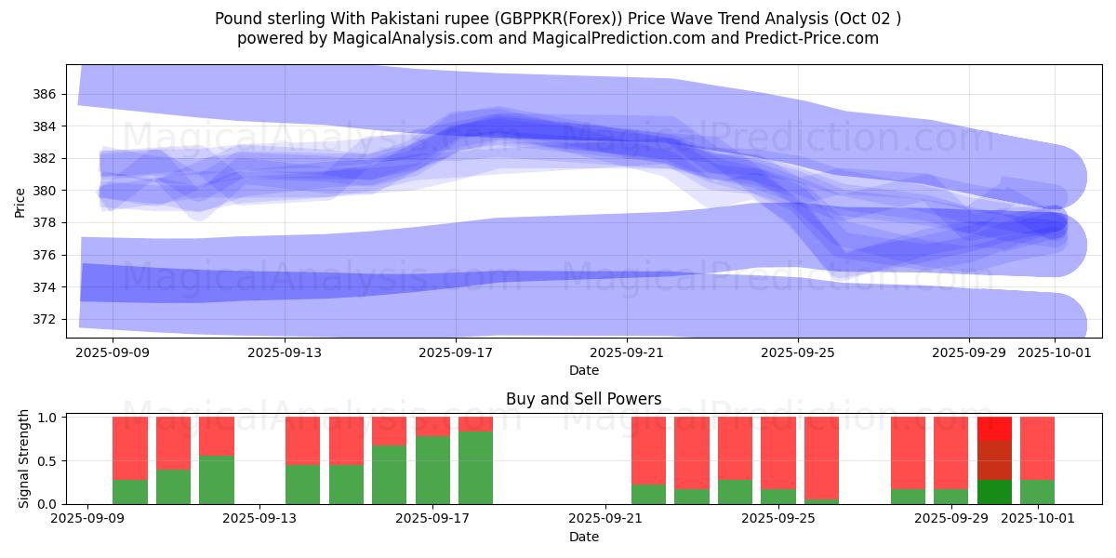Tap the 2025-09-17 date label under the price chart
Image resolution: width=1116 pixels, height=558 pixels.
tap(456, 352)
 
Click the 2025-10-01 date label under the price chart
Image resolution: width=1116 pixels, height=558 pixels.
tap(1055, 352)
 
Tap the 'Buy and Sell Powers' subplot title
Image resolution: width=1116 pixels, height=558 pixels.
tap(584, 399)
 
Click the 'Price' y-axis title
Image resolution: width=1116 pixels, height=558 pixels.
tap(20, 202)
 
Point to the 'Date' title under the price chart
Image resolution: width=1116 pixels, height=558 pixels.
tap(584, 370)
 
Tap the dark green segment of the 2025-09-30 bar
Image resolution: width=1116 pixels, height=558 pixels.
tap(994, 492)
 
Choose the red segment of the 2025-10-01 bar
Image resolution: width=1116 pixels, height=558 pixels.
tap(1037, 447)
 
